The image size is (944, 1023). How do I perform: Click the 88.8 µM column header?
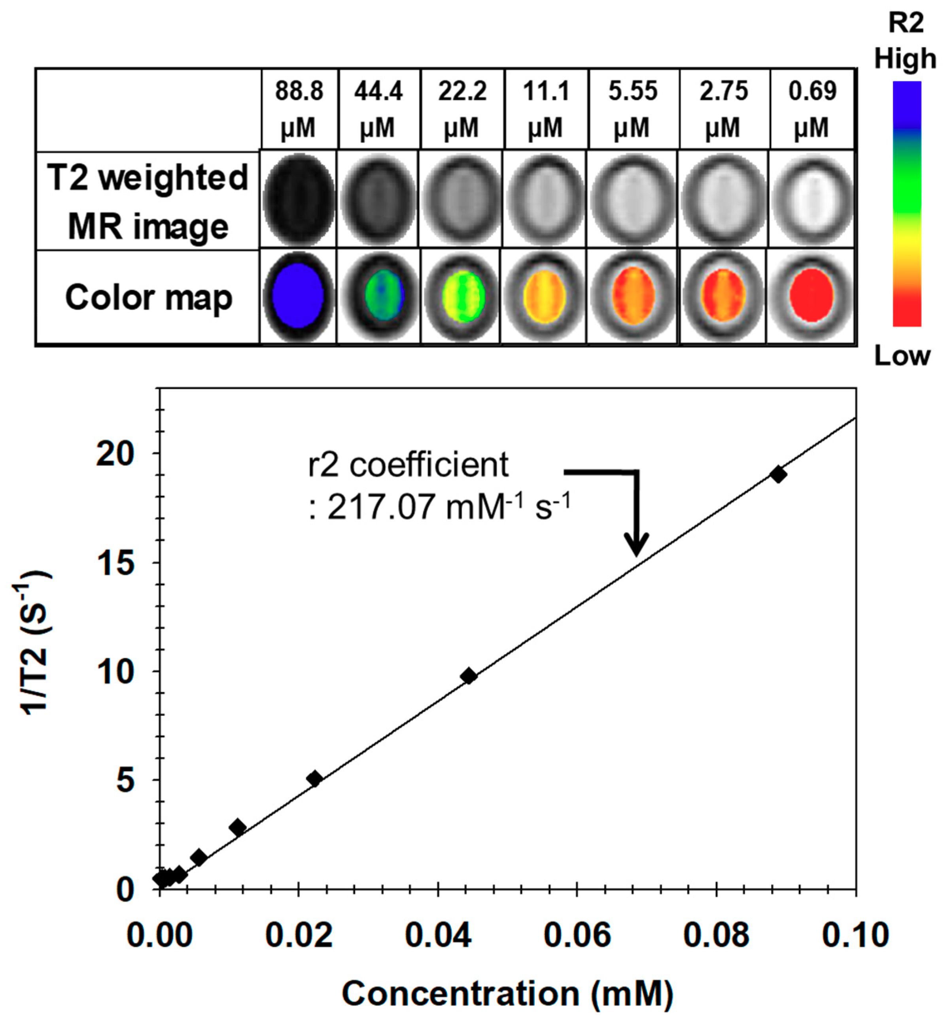point(299,109)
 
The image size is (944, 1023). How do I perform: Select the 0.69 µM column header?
point(812,109)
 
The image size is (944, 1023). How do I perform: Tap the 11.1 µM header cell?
point(546,109)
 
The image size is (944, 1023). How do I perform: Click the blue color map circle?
point(298,296)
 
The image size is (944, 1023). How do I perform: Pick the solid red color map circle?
point(811,295)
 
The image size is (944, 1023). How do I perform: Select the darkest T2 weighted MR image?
point(298,199)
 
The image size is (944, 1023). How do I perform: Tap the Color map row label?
point(149,297)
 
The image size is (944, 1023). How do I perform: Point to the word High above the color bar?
point(905,59)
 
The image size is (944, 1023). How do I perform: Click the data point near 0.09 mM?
point(778,475)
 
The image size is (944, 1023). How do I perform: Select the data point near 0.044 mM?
point(468,676)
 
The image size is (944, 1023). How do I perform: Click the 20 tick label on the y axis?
point(116,453)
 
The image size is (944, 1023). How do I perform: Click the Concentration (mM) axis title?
point(507,993)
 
